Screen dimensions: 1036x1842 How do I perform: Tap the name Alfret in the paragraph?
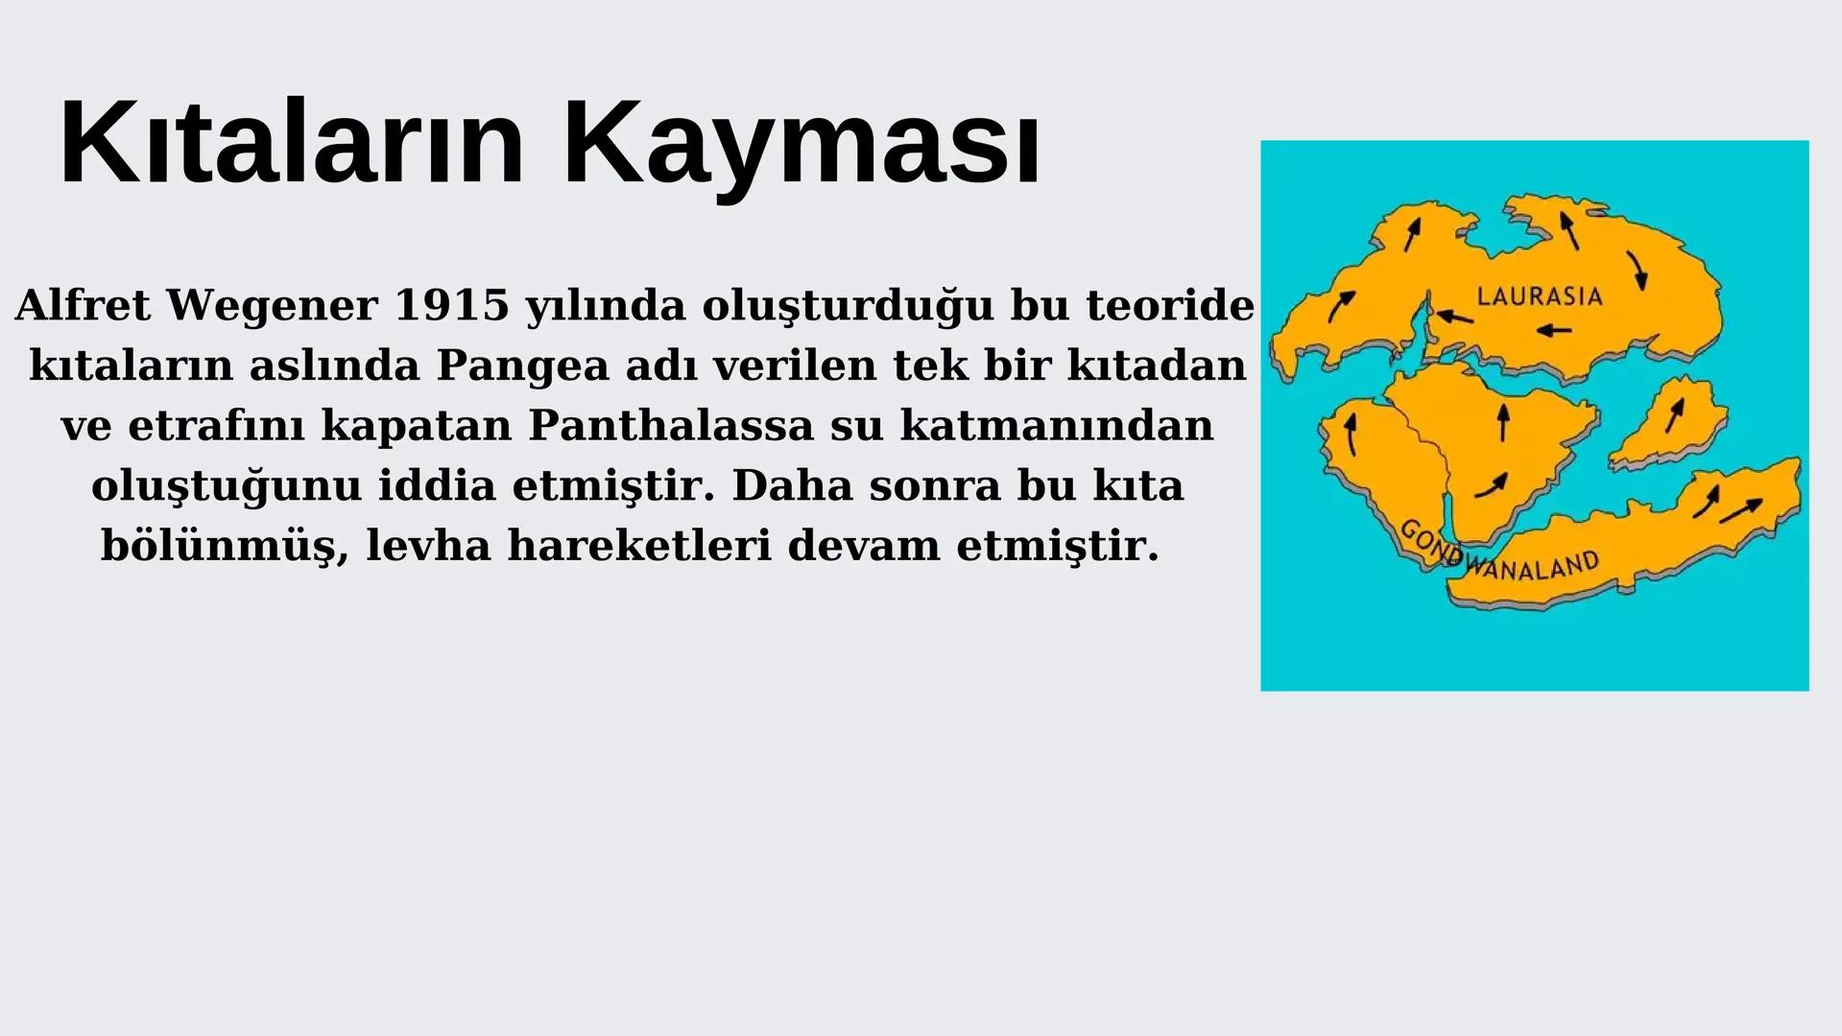pos(83,306)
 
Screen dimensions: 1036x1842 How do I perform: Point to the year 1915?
pos(451,306)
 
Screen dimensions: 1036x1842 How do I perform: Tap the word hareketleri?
pos(639,546)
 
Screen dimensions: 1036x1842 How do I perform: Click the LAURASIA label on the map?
pos(1539,296)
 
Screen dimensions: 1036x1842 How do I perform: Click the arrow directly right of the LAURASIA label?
pos(1637,270)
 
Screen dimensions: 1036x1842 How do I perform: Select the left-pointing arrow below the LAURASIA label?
pos(1554,331)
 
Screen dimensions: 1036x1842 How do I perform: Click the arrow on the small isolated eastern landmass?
pos(1675,414)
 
